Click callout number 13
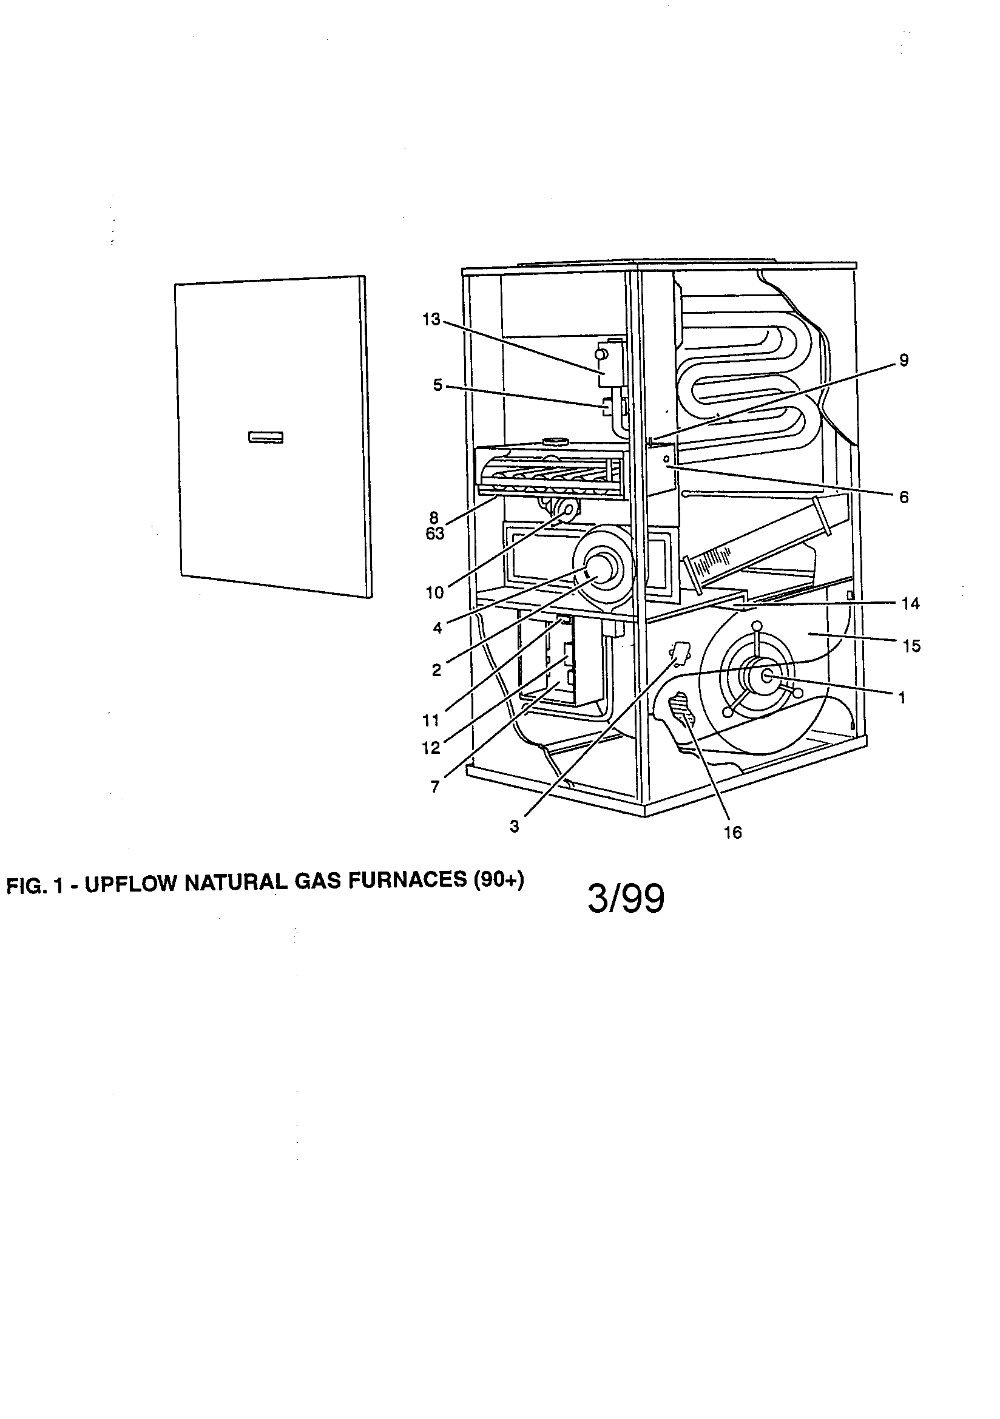tap(431, 319)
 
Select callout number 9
tap(904, 361)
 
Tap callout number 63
tap(434, 534)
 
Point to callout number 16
tap(732, 833)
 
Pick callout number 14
tap(910, 604)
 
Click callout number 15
tap(911, 646)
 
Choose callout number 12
tap(430, 748)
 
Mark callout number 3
tap(514, 826)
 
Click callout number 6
tap(904, 497)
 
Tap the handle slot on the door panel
tap(266, 438)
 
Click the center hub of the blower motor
tap(766, 676)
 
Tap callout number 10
tap(434, 593)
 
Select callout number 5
tap(437, 385)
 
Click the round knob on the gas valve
tap(599, 354)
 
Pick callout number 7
tap(435, 787)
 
